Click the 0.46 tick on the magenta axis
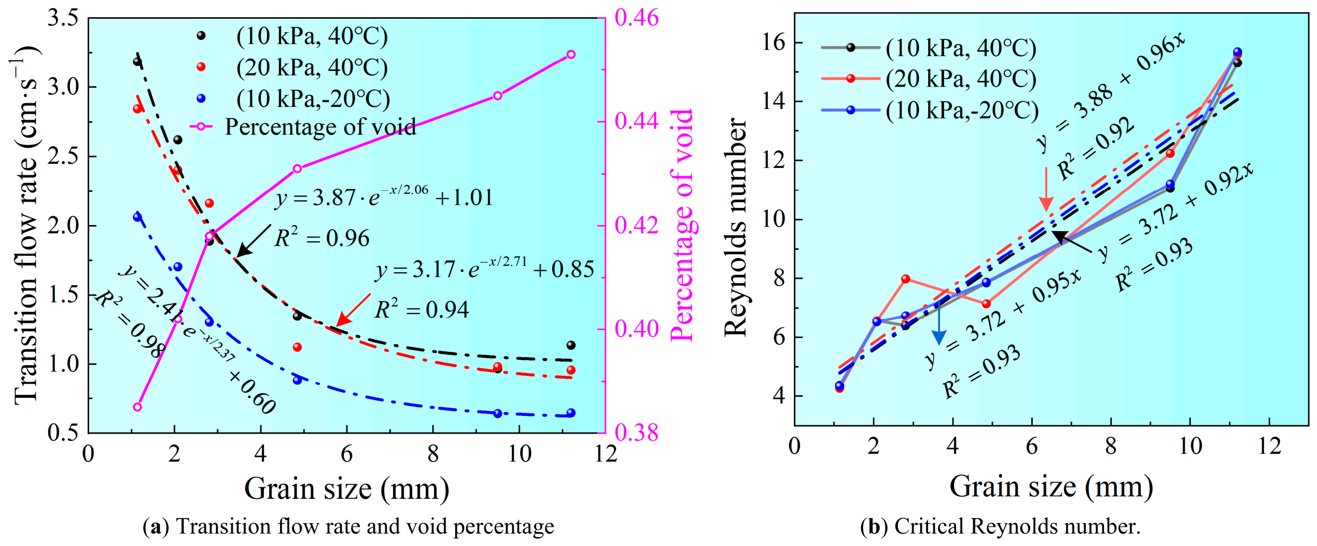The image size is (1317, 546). pos(636,18)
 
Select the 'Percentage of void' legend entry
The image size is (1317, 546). pos(303,127)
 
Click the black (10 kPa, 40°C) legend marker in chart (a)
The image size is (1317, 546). pos(201,35)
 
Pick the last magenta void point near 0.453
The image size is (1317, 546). pos(571,54)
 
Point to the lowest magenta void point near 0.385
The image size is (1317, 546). pos(137,407)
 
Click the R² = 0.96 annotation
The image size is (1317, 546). pos(322,238)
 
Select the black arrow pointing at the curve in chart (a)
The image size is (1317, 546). pos(254,241)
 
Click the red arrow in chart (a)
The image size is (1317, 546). pos(353,310)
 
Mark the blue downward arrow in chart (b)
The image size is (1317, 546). pos(939,323)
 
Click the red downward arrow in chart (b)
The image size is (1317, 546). pos(1046,189)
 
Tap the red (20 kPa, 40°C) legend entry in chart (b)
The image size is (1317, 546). pos(929,79)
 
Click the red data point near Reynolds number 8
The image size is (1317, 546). pos(905,279)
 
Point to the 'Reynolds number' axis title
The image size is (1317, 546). pos(735,227)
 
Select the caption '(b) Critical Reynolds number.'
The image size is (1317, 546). pos(1000,526)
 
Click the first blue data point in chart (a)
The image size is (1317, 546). pos(137,217)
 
